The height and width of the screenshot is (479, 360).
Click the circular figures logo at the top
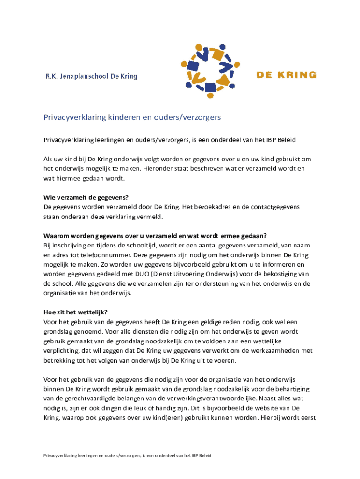tap(208, 71)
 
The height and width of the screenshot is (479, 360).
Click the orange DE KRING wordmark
tap(286, 75)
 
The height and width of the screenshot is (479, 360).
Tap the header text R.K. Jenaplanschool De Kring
tap(91, 76)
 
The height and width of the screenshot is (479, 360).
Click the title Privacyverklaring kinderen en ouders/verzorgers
tap(132, 117)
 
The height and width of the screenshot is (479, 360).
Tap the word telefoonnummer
tap(106, 254)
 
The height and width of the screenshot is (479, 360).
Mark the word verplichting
tap(63, 350)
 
